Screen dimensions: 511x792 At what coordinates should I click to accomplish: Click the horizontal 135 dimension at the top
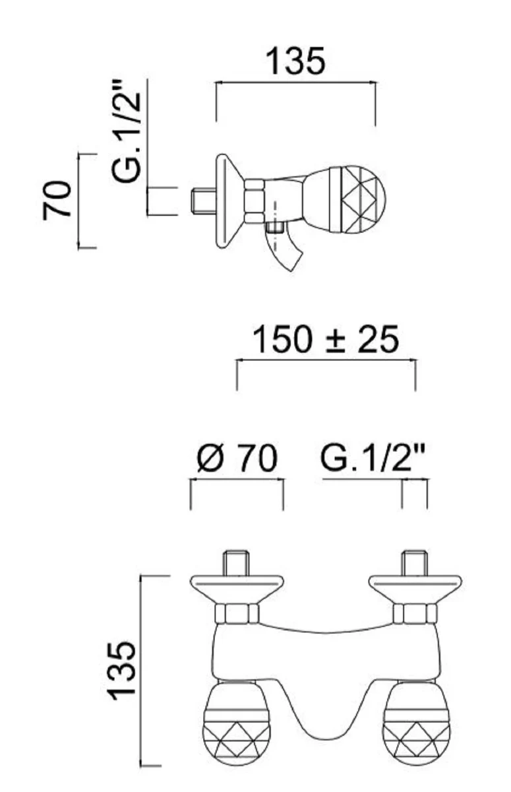pyautogui.click(x=295, y=61)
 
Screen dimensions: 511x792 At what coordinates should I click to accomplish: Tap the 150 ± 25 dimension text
pyautogui.click(x=326, y=340)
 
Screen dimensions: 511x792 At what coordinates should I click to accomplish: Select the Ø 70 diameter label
pyautogui.click(x=237, y=459)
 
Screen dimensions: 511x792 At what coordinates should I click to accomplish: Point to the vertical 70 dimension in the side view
pyautogui.click(x=57, y=200)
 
